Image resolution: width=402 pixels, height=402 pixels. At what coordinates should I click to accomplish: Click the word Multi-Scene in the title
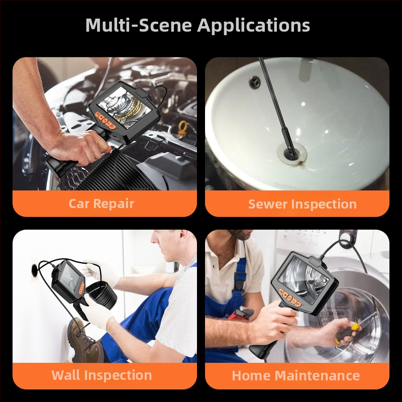click(x=139, y=25)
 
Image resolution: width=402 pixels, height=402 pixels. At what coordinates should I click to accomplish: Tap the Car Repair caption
click(x=102, y=204)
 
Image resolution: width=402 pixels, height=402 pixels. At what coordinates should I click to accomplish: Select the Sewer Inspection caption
click(x=303, y=205)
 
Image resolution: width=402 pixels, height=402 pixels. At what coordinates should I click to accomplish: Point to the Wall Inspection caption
click(x=102, y=375)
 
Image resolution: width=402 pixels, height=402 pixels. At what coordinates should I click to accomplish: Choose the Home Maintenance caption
click(x=296, y=375)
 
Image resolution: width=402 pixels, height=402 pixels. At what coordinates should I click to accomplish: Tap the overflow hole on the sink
click(x=255, y=82)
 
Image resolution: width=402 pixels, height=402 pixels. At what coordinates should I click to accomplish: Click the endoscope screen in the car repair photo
click(x=124, y=106)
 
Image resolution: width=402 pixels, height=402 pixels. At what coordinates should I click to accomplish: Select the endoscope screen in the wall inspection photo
click(x=69, y=277)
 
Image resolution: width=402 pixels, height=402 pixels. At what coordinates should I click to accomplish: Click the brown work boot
click(x=84, y=341)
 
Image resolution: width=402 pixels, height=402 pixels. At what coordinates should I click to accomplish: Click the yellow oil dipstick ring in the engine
click(x=182, y=129)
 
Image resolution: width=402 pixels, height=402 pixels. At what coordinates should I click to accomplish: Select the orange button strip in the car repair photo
click(x=106, y=120)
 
